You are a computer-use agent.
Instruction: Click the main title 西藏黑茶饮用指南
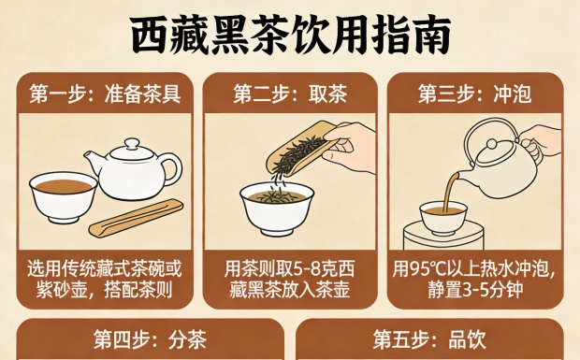(290, 36)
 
